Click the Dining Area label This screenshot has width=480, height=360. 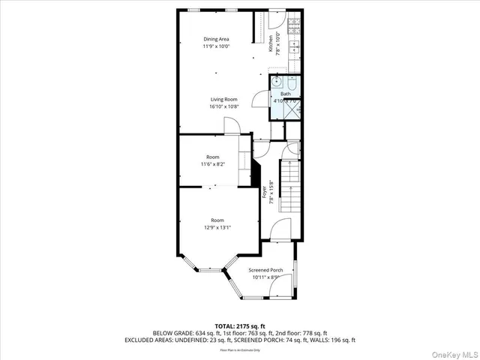[216, 38]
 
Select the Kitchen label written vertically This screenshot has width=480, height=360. [271, 43]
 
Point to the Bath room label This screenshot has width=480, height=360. [286, 94]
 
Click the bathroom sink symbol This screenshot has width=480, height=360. [277, 81]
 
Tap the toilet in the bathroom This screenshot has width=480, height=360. [292, 82]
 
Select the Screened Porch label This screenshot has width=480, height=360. [265, 269]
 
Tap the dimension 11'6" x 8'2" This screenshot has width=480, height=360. [214, 163]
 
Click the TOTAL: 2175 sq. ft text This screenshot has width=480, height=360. [239, 325]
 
